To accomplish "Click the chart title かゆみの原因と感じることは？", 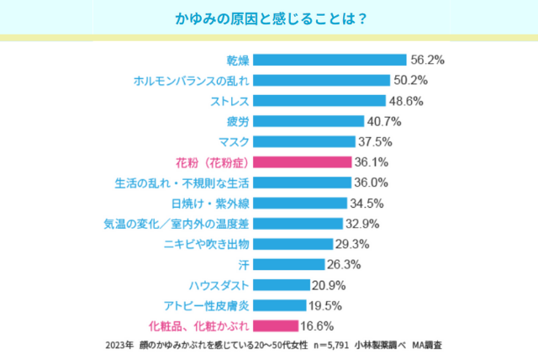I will [x=269, y=18].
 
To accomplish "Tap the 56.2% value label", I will [x=427, y=60].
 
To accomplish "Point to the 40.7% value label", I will [x=384, y=121].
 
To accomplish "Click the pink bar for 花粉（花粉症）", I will [x=303, y=162].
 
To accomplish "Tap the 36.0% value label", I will [x=372, y=183].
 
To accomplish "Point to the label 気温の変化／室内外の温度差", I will [x=176, y=224].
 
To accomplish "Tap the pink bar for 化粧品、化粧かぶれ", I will [x=275, y=326].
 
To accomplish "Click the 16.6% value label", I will [x=319, y=326].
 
